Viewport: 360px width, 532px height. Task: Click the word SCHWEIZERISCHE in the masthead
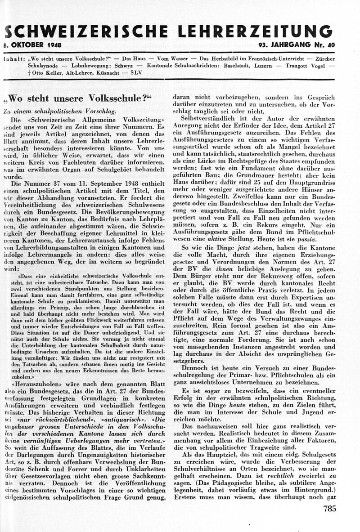point(85,31)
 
